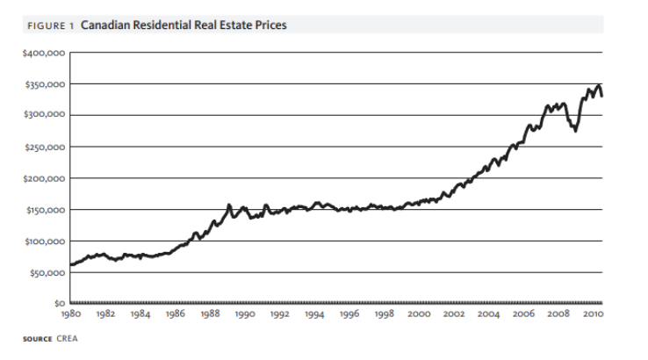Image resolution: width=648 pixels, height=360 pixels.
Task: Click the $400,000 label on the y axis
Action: point(42,53)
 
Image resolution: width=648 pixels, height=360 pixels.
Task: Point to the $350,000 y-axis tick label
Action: point(42,84)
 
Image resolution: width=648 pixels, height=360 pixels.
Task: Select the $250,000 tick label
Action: point(42,147)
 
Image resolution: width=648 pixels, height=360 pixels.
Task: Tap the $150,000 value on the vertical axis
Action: point(42,210)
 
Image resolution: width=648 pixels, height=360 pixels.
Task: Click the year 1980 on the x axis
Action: point(70,313)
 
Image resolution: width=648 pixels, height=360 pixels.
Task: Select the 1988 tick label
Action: point(210,313)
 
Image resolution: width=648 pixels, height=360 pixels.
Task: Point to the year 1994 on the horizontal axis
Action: point(314,313)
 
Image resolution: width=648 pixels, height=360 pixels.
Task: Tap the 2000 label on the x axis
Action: point(419,313)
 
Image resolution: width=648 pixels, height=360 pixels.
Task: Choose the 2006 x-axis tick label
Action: point(523,313)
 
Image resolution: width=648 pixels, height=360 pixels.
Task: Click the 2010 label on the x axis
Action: point(593,313)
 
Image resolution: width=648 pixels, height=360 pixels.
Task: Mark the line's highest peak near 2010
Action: point(599,86)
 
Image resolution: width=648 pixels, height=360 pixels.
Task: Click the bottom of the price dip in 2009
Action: point(575,130)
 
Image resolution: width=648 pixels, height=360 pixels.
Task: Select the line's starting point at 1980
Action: point(70,264)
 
